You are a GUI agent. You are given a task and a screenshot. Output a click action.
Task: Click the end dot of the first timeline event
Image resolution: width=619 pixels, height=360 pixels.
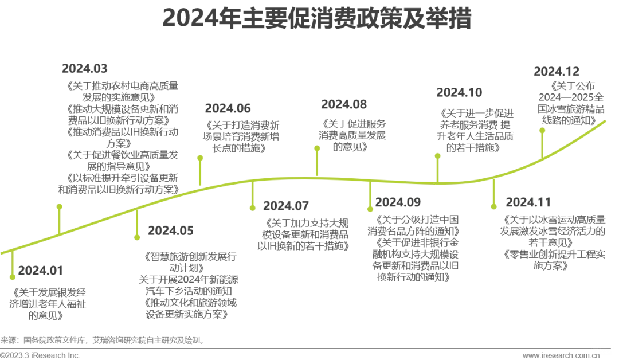[x=13, y=279]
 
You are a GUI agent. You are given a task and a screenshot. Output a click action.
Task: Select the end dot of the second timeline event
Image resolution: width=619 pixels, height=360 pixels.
[x=58, y=205]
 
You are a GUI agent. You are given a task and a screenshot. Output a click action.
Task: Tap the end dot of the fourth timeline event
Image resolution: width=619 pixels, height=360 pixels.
[x=200, y=156]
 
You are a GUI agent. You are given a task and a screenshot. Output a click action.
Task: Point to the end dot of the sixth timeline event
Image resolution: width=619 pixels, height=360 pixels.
[x=315, y=147]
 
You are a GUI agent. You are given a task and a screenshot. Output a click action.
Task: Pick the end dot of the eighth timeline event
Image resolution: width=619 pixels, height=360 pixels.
[x=438, y=156]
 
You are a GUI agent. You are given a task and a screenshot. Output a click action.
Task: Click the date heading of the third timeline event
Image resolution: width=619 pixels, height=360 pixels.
[x=173, y=232]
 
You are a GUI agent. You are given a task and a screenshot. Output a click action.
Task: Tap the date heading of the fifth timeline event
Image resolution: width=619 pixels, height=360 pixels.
[x=287, y=203]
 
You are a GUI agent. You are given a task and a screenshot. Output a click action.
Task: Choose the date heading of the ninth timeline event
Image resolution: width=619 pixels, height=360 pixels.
[x=527, y=204]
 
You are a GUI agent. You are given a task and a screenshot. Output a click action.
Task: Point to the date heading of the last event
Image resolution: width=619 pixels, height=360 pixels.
[x=557, y=71]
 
